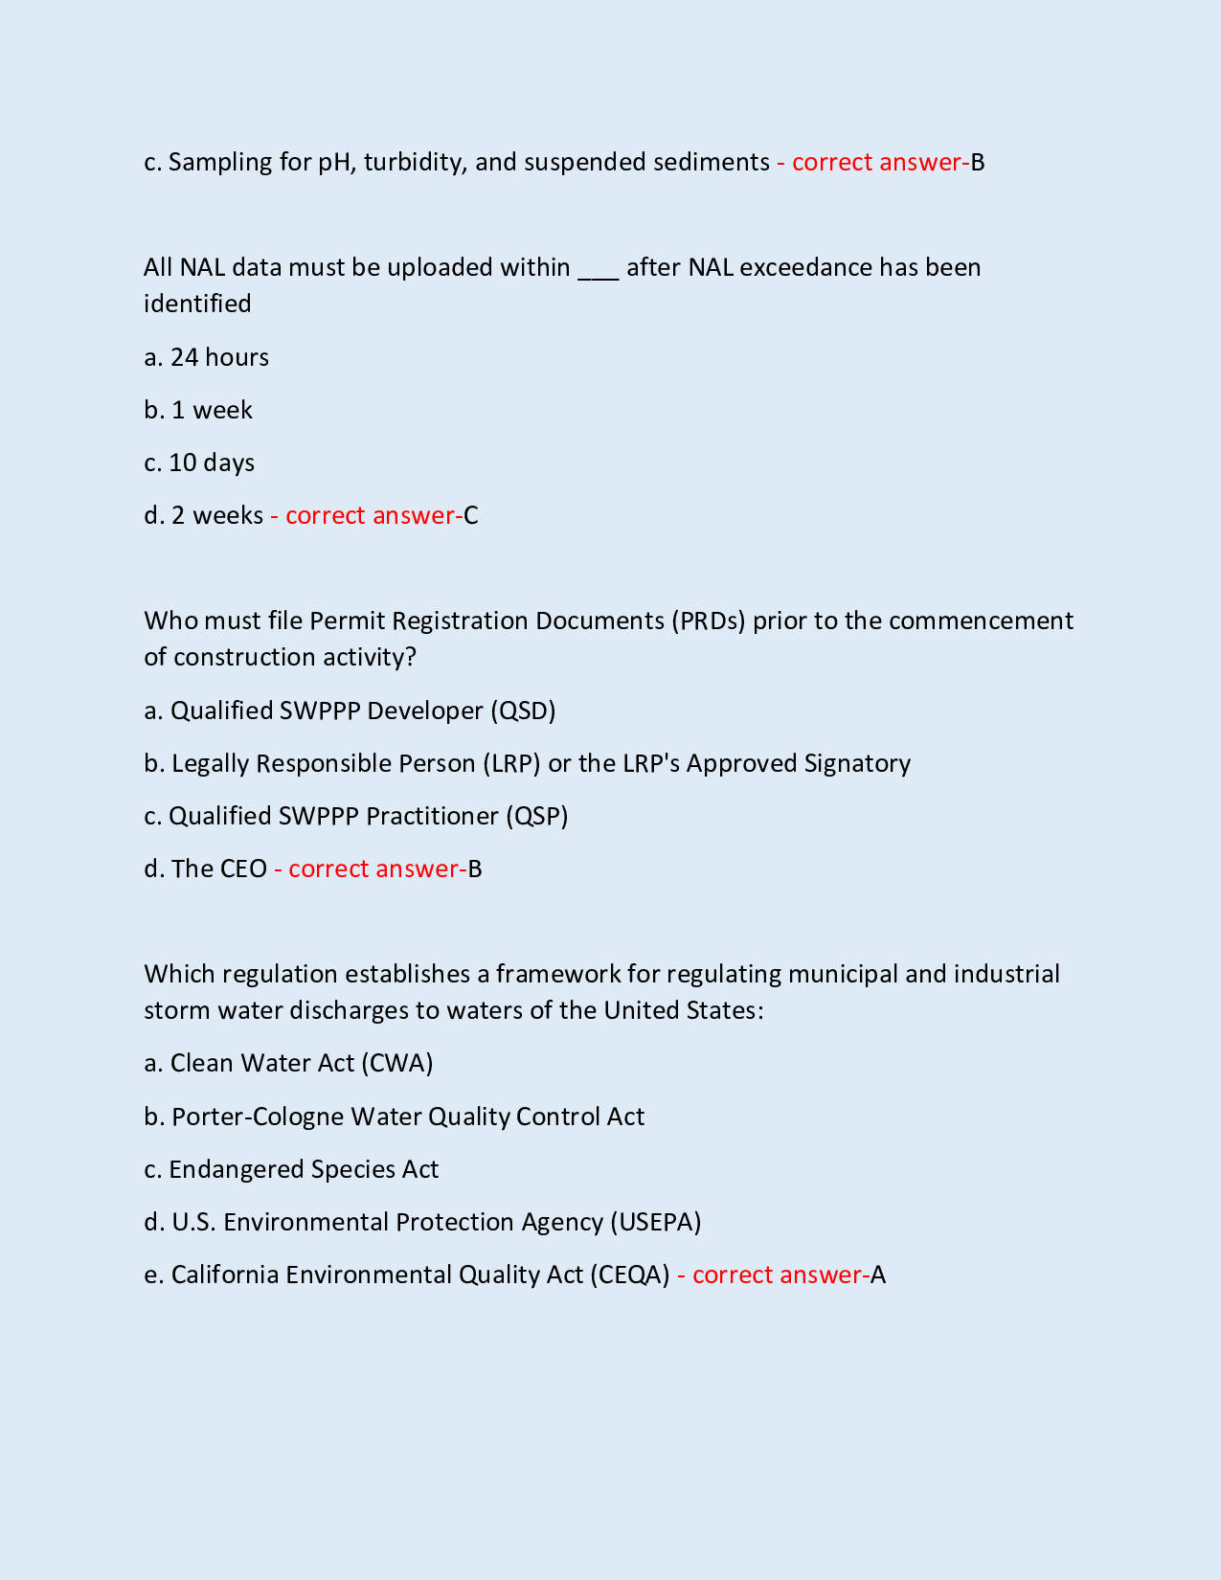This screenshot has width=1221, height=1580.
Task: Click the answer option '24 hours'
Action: coord(219,357)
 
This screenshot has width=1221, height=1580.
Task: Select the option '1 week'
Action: coord(212,410)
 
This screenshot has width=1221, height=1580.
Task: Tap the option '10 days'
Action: coord(212,463)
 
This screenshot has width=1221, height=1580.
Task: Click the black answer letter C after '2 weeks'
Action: coord(471,516)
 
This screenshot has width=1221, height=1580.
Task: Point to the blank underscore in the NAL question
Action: coord(599,268)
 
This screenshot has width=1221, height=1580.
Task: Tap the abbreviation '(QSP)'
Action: coord(536,816)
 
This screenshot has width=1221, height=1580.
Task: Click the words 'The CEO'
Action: coord(219,869)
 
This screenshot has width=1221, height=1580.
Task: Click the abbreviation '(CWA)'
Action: coord(397,1064)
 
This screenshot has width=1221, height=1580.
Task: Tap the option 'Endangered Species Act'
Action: coord(304,1169)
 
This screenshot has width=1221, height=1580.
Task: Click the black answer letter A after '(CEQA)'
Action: coord(878,1275)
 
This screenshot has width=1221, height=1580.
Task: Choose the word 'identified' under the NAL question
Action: coord(197,304)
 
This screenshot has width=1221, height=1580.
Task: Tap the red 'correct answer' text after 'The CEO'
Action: coord(373,869)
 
